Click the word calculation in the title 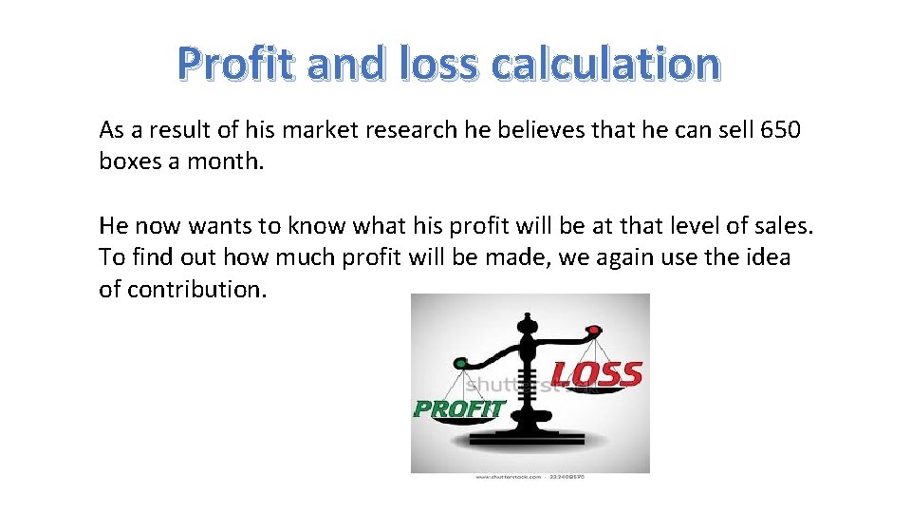pyautogui.click(x=605, y=64)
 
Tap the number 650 pyautogui.click(x=781, y=129)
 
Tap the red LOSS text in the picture pyautogui.click(x=597, y=373)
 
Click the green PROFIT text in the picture pyautogui.click(x=458, y=409)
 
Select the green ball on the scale pyautogui.click(x=461, y=363)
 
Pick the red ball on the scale pyautogui.click(x=594, y=331)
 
